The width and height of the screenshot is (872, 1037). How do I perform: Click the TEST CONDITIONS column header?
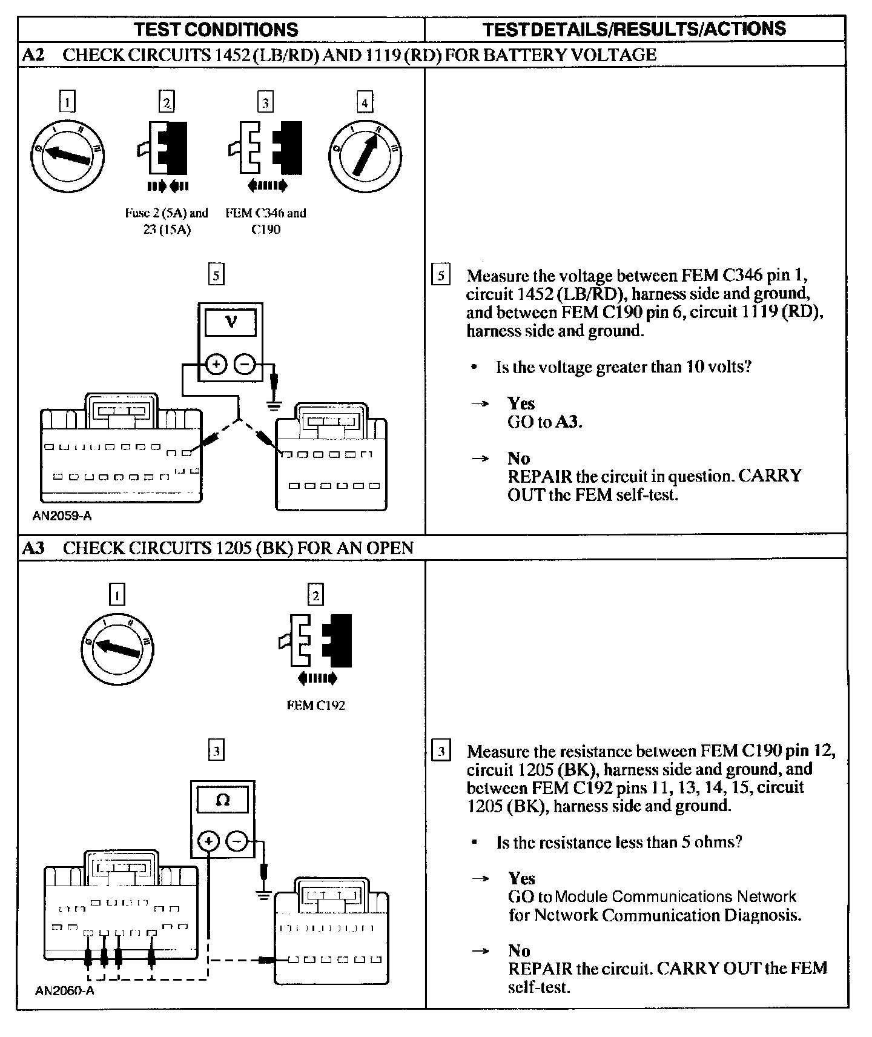point(216,30)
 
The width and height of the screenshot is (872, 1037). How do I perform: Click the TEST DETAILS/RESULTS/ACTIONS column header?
point(634,29)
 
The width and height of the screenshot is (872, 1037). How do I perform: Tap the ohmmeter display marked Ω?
point(223,800)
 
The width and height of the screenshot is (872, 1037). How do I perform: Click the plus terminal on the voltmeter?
point(216,364)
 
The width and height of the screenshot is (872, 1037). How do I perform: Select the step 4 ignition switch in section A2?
point(365,155)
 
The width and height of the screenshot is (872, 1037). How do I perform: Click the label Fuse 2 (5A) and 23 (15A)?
point(167,221)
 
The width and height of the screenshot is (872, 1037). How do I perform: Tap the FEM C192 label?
point(315,705)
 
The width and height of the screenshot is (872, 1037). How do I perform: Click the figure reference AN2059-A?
point(63,516)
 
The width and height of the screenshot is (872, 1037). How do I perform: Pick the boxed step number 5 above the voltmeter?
point(216,276)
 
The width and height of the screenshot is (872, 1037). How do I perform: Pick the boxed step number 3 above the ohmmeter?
point(216,751)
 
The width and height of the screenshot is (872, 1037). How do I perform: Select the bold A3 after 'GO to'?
point(569,422)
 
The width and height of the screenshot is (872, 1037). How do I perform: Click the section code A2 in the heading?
point(33,55)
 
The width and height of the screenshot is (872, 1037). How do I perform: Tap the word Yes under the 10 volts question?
point(521,403)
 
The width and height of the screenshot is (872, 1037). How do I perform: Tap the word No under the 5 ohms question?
point(519,950)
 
